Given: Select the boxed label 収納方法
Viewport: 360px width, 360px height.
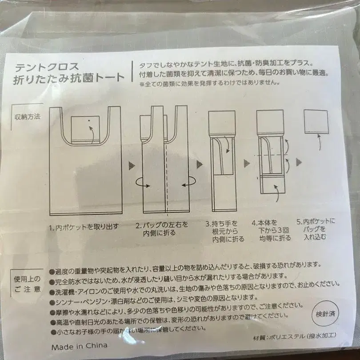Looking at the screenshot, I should point(27,117).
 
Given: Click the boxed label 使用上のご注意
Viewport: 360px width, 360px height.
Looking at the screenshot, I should point(27,284).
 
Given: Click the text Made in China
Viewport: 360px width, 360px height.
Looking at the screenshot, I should point(79,345).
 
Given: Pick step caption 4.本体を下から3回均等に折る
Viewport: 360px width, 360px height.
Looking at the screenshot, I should point(271,230).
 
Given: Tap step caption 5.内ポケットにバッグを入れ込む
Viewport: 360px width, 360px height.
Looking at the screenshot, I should point(316,228).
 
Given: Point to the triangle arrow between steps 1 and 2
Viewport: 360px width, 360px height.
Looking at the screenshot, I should point(132,165).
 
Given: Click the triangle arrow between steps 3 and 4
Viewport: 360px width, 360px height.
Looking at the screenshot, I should point(247,165).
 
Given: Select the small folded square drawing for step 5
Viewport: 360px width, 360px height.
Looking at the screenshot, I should point(316,122).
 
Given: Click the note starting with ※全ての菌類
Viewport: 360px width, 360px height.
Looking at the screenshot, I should point(203,83).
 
